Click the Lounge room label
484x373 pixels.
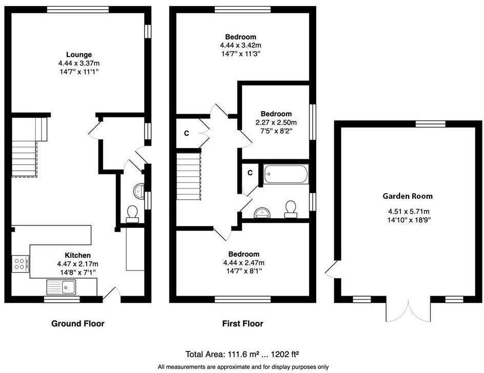coord(78,55)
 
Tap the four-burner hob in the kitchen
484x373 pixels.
coord(20,264)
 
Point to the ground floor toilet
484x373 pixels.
coord(132,214)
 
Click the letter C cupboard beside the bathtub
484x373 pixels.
coord(250,173)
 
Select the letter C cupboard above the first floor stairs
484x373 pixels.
coord(187,133)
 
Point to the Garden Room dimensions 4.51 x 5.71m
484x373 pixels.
coord(408,211)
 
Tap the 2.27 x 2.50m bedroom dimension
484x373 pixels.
coord(276,122)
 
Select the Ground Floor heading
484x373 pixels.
coord(77,324)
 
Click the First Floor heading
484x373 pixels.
coord(243,324)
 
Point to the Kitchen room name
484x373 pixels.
coord(77,255)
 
